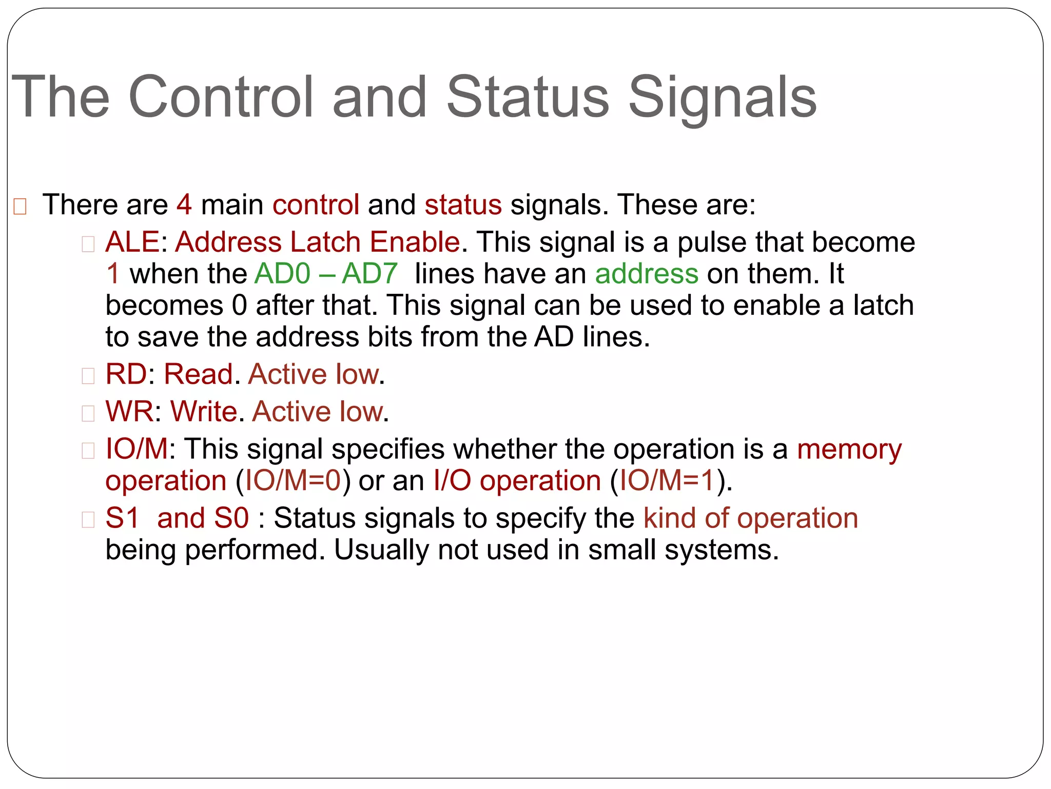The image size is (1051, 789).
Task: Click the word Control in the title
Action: tap(221, 97)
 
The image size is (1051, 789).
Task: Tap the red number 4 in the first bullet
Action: tap(184, 204)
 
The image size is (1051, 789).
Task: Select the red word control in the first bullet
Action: tap(316, 204)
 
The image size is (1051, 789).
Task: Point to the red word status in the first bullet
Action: tap(463, 204)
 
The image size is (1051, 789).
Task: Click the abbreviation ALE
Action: tap(132, 242)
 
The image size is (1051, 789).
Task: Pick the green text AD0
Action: tap(282, 273)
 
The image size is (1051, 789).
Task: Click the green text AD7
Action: tap(369, 273)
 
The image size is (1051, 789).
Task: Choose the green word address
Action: tap(647, 273)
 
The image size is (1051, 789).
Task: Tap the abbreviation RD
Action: tap(126, 374)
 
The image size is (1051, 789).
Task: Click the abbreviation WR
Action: tap(129, 411)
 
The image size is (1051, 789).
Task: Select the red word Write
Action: tap(204, 411)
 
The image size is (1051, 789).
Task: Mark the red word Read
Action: tap(198, 374)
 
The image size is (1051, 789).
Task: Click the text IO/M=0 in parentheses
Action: tap(293, 481)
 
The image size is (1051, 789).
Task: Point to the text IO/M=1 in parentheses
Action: tap(667, 481)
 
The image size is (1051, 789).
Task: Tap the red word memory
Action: tap(849, 449)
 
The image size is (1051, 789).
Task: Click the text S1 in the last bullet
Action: tap(122, 518)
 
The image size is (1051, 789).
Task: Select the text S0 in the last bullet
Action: tap(231, 518)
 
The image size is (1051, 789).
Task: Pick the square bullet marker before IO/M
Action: tap(88, 450)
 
